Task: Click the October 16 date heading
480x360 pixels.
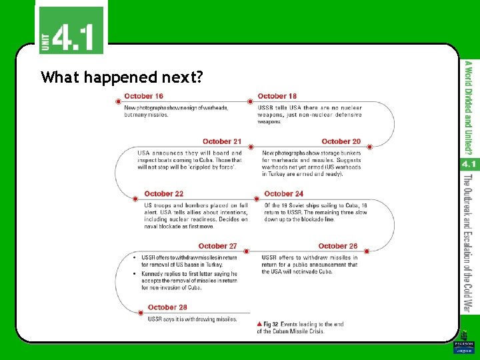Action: point(143,97)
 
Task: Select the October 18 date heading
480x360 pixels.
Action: point(277,97)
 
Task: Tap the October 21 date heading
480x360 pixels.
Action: point(222,141)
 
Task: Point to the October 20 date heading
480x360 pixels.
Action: point(341,141)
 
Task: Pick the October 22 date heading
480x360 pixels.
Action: point(163,194)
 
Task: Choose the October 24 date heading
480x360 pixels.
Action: point(283,194)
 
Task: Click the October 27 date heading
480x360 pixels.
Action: point(217,246)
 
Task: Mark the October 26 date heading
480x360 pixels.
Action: point(338,246)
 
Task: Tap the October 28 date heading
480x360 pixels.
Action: point(167,307)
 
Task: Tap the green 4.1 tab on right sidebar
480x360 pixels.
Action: point(468,163)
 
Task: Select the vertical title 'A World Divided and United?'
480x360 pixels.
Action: point(469,107)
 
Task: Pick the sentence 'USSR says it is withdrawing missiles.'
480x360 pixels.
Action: point(192,319)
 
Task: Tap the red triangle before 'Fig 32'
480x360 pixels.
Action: point(259,324)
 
